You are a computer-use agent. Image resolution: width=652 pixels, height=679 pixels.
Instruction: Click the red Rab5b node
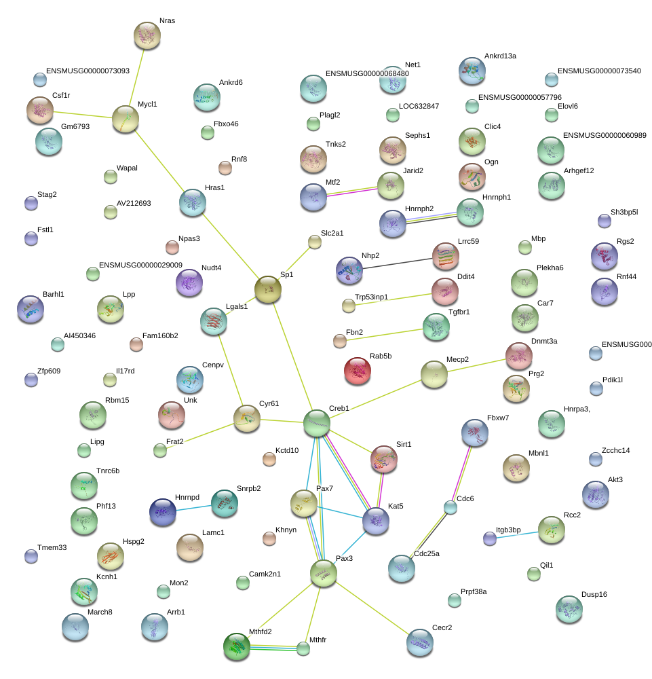tap(358, 371)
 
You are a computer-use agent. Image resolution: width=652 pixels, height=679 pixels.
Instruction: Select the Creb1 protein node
tap(317, 423)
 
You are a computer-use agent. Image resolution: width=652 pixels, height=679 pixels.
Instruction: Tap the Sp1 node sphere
tap(268, 289)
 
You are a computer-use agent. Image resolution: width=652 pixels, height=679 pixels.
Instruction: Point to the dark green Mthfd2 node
tap(237, 646)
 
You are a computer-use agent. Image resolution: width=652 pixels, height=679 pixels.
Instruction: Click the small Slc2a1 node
tap(315, 242)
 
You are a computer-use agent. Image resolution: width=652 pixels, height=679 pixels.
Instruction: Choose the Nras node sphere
tap(147, 35)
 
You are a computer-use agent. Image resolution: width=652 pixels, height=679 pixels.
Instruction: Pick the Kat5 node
tap(376, 521)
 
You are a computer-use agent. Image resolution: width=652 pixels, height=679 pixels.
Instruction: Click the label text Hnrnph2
tap(419, 208)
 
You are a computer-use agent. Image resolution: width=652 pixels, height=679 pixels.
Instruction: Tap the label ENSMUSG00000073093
tap(88, 71)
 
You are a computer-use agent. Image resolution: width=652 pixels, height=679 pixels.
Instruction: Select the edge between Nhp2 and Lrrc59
tap(397, 263)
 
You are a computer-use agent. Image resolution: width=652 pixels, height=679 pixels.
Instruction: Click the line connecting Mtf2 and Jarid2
tap(351, 191)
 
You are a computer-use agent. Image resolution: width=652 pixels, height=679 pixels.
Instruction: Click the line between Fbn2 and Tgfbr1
tap(385, 335)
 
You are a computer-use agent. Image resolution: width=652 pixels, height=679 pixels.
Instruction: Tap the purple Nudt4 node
tap(189, 282)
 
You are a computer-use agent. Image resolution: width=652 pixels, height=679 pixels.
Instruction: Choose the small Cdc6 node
tap(450, 507)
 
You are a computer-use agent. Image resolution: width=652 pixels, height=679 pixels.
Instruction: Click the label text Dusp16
tap(594, 594)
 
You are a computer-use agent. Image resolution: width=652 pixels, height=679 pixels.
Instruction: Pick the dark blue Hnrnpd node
tap(163, 512)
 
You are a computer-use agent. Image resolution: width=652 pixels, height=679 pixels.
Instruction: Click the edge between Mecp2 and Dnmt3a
tap(476, 365)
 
